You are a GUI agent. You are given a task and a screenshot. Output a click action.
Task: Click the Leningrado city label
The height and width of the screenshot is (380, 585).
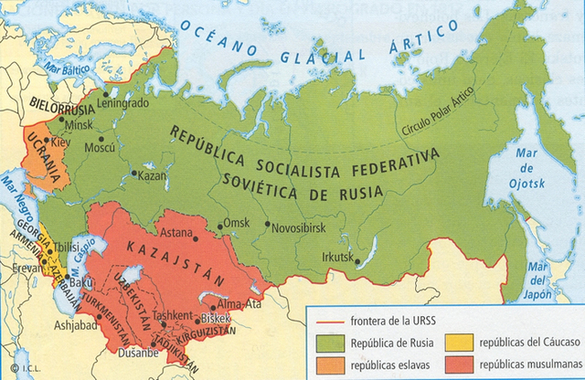point(129,102)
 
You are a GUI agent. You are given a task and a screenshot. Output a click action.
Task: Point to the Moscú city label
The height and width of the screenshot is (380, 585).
point(100,148)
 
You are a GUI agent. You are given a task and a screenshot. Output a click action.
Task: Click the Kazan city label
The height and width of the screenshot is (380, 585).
point(153,175)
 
